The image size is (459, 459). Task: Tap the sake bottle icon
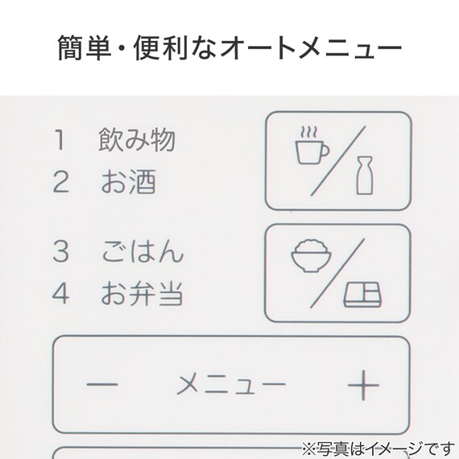[365, 176]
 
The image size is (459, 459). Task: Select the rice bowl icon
[312, 256]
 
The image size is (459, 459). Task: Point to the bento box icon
[362, 295]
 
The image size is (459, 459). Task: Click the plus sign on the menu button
[363, 385]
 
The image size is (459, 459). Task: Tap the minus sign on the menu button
[102, 384]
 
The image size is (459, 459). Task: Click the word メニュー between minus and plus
[231, 384]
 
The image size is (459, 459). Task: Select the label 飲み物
[137, 139]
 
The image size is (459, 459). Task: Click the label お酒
[128, 181]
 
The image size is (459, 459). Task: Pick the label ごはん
[143, 251]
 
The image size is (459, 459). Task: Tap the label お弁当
[142, 293]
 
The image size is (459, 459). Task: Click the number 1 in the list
[60, 140]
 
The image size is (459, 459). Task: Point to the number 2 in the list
[61, 182]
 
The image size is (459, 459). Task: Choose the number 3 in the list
[61, 251]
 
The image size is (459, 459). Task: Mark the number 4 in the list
[61, 293]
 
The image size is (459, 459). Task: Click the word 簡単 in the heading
[85, 48]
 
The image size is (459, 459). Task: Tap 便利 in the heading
[160, 48]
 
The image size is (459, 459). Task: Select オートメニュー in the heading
[311, 48]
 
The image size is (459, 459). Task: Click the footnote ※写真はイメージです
[378, 449]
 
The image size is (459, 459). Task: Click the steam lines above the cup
[309, 132]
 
